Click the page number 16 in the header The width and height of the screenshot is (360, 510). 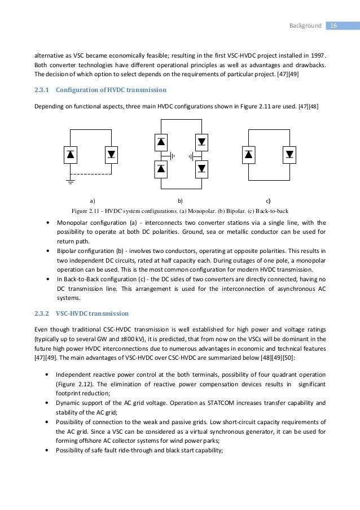click(x=333, y=26)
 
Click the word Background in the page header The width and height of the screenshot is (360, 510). click(x=305, y=26)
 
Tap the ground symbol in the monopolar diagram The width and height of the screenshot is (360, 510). click(x=70, y=181)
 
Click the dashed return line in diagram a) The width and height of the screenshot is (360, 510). click(x=90, y=173)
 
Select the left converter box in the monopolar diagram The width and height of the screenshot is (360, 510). click(x=71, y=153)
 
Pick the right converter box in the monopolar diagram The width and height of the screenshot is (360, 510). click(x=111, y=153)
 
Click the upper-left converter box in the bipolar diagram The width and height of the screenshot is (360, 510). click(x=161, y=142)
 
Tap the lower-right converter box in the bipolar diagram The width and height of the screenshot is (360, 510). click(x=201, y=168)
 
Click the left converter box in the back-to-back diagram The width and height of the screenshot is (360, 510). click(x=249, y=153)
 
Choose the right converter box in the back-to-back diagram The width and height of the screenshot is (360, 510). click(x=289, y=153)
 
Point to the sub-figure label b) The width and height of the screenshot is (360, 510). click(x=181, y=200)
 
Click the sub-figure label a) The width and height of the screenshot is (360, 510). click(x=92, y=200)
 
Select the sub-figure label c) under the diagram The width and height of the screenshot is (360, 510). click(x=268, y=200)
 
